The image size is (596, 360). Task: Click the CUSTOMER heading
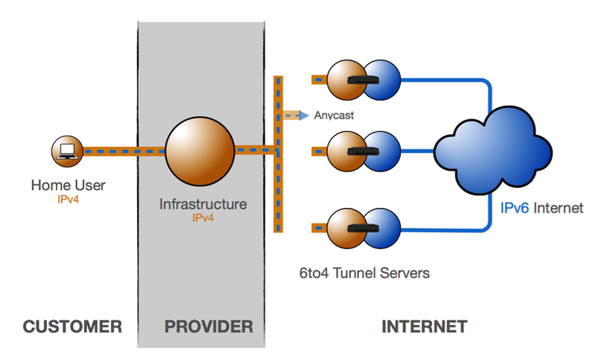72,326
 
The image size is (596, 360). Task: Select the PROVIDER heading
209,326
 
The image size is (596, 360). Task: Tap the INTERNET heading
425,326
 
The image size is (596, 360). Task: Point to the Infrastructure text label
203,203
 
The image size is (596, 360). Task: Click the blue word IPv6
515,209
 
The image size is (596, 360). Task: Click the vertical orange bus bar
279,153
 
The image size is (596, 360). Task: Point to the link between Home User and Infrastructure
123,151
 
